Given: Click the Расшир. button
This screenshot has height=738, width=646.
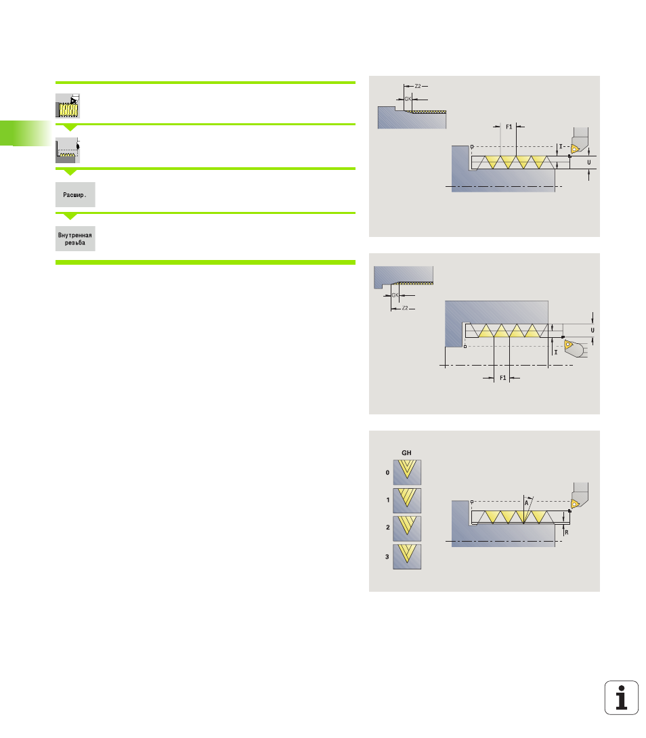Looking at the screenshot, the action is click(75, 194).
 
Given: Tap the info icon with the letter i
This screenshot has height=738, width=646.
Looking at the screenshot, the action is click(621, 697).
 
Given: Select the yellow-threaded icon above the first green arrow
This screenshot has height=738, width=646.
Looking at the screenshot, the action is click(68, 106).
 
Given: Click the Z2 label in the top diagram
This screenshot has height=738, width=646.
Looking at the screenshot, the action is click(418, 86).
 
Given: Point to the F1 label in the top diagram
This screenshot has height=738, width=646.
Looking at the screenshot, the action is click(509, 127).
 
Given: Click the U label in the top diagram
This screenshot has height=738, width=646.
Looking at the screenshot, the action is click(588, 162).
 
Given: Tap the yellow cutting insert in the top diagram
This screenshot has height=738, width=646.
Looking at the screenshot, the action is click(574, 149).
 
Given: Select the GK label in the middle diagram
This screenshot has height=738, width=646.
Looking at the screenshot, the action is click(395, 295).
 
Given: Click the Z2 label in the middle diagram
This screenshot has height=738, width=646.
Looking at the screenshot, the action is click(405, 308).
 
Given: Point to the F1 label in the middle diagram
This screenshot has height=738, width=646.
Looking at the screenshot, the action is click(503, 378).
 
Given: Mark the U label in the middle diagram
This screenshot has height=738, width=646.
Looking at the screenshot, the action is click(593, 330).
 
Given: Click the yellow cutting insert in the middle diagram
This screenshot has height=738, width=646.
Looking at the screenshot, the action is click(568, 345).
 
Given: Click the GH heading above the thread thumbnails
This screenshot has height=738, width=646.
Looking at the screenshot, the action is click(406, 453).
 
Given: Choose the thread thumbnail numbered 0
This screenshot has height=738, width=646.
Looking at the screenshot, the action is click(407, 472).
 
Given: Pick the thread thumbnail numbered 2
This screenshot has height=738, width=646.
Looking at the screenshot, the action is click(407, 529).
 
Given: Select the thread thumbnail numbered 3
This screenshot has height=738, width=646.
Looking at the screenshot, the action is click(407, 557).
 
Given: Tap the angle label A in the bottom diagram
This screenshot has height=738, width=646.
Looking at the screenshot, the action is click(526, 502).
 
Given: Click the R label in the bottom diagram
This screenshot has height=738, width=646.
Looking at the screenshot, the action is click(566, 532).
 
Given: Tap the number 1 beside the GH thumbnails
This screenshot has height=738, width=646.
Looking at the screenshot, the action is click(388, 500).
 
